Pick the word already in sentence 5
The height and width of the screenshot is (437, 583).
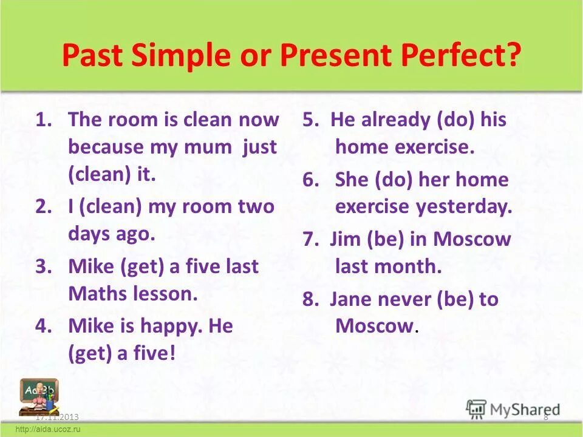(x=397, y=120)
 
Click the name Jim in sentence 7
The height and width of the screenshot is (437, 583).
(x=346, y=239)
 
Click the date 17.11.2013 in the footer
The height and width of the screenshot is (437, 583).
(x=57, y=418)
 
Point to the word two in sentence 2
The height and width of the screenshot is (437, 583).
(x=257, y=206)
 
